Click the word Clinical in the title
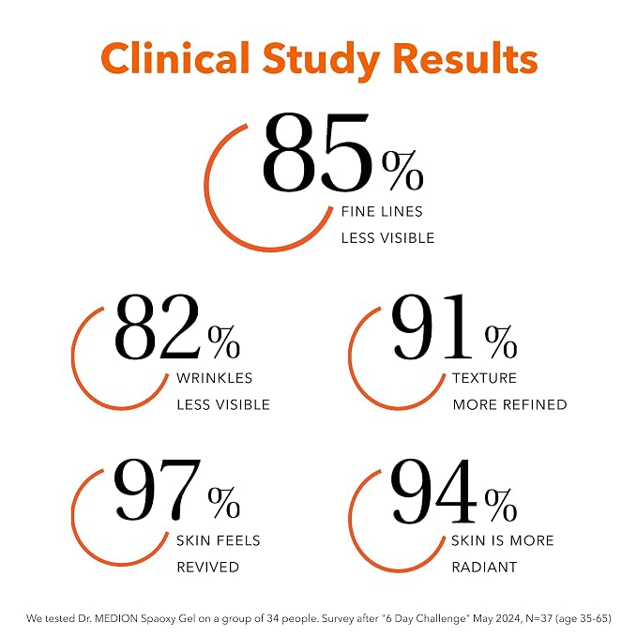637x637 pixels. point(175,57)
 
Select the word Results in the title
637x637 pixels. point(465,57)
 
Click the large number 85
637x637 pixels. point(316,152)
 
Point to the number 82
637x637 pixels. point(158,326)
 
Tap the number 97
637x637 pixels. point(158,490)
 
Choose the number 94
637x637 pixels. point(433,491)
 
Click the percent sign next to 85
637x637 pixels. point(402,170)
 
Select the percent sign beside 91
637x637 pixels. point(501,341)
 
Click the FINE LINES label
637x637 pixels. point(382,212)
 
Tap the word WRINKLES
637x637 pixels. point(215,378)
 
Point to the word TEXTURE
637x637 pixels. point(485,378)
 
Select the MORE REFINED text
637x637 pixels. point(509,404)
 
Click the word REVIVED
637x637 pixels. point(208,568)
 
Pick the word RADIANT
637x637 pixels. point(485,568)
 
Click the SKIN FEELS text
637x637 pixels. point(219,540)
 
